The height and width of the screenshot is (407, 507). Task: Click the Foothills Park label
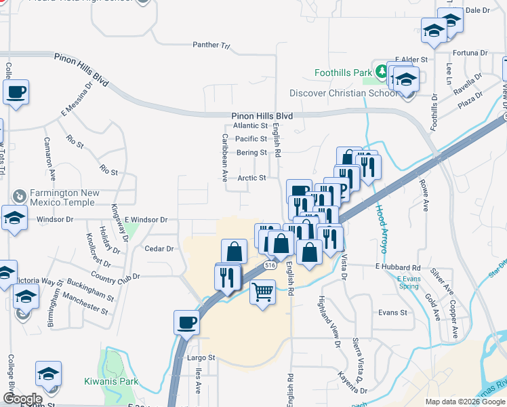pos(344,72)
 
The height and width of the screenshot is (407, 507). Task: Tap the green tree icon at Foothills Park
pos(382,71)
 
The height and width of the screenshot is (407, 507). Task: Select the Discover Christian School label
pos(343,93)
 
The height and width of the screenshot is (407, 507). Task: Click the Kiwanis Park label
pos(111,381)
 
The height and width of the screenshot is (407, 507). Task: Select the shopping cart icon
pos(262,293)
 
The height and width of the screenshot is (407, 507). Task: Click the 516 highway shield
pos(270,265)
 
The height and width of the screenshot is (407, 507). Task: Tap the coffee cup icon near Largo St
pos(186,322)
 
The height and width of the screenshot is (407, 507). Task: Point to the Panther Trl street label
pos(211,46)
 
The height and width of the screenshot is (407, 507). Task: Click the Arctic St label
pos(251,178)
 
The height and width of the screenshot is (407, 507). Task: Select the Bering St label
pos(251,153)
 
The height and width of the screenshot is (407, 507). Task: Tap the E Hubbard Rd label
pos(398,269)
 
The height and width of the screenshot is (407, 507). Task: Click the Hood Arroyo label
pos(382,229)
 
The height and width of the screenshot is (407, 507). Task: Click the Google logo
pos(22,399)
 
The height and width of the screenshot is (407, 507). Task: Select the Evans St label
pos(392,313)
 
